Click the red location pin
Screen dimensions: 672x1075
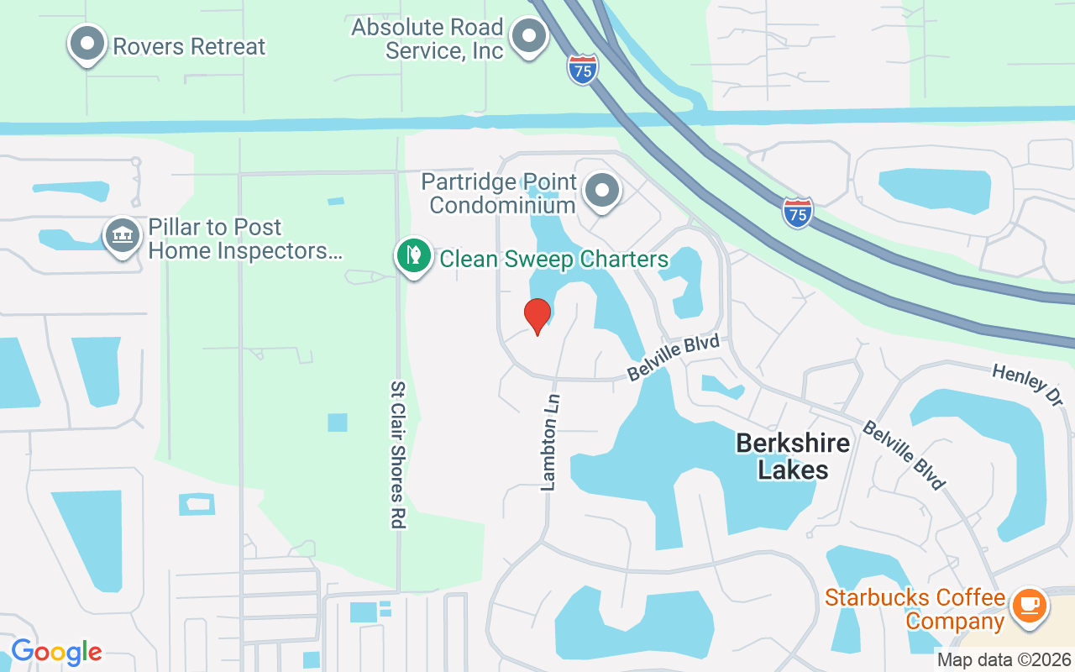(537, 316)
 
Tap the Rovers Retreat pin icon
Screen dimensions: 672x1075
(87, 44)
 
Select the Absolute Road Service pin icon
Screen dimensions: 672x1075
(529, 36)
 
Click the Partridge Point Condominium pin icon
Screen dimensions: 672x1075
(601, 191)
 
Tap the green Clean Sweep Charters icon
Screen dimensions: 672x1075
(413, 255)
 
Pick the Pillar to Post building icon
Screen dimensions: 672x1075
(123, 235)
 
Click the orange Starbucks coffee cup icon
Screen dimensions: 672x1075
(1030, 606)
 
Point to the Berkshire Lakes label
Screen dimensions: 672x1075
(793, 456)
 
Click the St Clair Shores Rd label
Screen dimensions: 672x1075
(398, 454)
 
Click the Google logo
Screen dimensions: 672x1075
(56, 651)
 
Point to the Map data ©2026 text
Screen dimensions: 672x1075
(1004, 660)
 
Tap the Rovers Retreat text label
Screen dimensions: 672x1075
(189, 46)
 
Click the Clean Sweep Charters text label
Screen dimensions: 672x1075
(554, 259)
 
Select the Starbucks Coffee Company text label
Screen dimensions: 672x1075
(915, 610)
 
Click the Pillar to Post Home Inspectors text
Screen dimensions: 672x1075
(239, 239)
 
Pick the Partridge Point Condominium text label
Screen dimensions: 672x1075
(499, 193)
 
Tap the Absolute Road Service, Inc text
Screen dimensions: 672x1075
(427, 39)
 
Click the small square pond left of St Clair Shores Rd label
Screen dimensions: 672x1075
(338, 423)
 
